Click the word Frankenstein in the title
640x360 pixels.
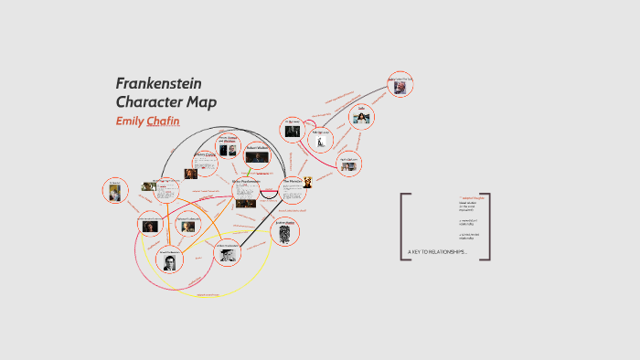coord(159,83)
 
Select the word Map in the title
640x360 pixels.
coord(201,101)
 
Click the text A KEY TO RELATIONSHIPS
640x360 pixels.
coord(437,251)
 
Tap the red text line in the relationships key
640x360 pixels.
coord(472,197)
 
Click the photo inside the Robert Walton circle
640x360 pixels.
coord(257,157)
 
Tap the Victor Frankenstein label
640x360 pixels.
coord(246,181)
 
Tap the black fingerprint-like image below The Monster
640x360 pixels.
coord(286,234)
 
